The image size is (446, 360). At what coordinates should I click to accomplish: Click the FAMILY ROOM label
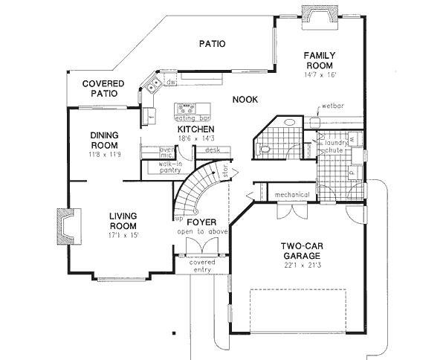320,60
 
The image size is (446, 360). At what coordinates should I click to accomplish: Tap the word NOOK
245,100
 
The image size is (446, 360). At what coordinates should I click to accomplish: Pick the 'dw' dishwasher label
169,82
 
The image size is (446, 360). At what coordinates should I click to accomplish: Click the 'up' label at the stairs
178,220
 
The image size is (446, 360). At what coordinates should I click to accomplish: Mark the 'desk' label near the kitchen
213,150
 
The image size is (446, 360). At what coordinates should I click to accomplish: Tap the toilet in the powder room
265,150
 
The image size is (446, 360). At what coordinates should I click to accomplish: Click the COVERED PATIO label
103,89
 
